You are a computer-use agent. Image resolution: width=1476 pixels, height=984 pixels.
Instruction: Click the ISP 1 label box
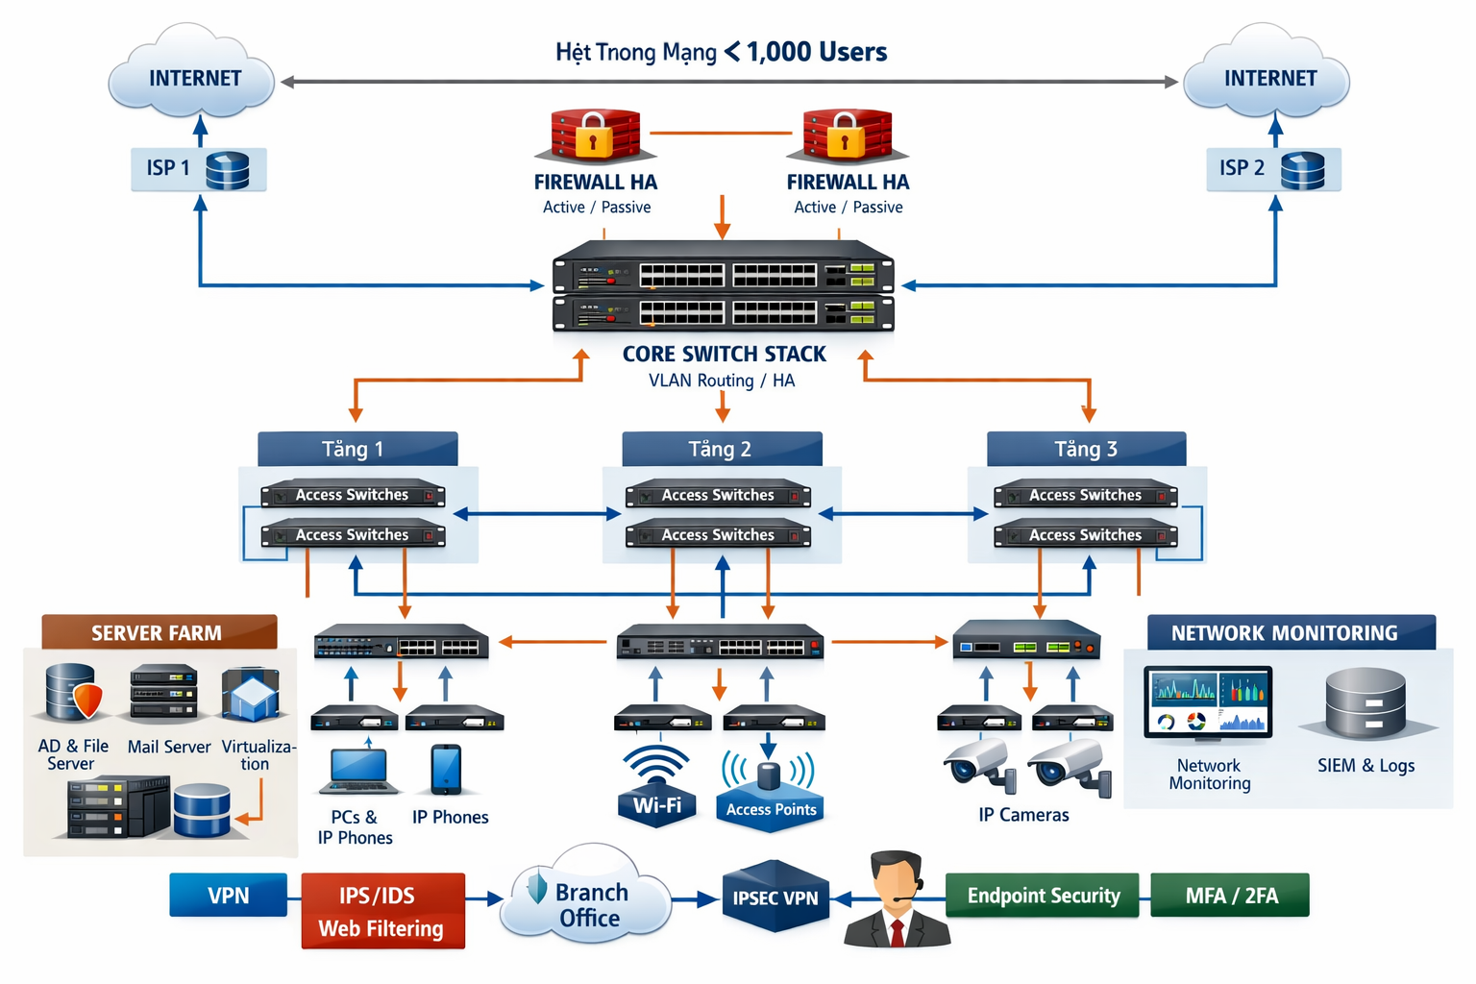coord(198,169)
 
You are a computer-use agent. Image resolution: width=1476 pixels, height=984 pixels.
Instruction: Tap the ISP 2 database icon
coord(1302,170)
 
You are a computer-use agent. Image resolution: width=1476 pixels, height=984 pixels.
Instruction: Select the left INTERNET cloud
coord(193,77)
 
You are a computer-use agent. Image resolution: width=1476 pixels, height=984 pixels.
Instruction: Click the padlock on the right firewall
coord(846,135)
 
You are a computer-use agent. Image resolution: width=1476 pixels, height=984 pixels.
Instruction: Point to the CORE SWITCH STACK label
coord(724,355)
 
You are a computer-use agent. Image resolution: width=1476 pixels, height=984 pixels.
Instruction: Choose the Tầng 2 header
coord(721,449)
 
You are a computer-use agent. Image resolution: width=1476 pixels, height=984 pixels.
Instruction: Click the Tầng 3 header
coord(1086,449)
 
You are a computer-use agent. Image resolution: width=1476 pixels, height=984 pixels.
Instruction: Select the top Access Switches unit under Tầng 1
coord(353,495)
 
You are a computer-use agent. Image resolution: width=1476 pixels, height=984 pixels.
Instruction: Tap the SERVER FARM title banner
coord(159,632)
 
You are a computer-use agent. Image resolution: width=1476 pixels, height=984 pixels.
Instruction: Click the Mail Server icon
coord(163,692)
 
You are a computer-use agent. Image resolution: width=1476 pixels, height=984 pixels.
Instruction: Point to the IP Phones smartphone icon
coord(446,770)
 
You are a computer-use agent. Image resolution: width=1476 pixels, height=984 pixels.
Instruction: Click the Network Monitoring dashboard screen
coord(1208,702)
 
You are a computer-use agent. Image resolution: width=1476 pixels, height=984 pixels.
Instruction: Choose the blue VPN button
coord(228,895)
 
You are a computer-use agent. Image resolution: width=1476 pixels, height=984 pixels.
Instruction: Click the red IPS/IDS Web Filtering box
coord(382,911)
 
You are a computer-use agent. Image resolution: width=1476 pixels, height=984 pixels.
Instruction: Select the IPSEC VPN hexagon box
coord(775,897)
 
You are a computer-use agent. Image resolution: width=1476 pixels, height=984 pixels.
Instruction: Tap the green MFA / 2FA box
coord(1230,896)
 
